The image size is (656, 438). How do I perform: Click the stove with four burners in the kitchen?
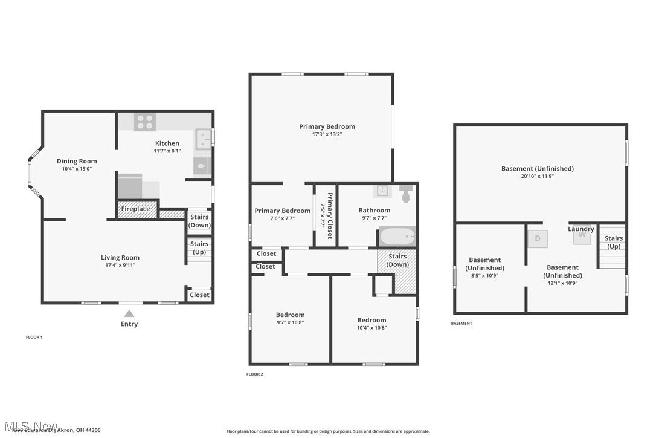click(144, 122)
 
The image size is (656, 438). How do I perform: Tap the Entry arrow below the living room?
click(129, 313)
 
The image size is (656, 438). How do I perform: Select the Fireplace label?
click(136, 209)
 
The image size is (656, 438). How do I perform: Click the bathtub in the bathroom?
click(397, 236)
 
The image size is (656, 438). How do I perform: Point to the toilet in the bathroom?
click(405, 194)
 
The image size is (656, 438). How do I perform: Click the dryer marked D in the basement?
click(538, 238)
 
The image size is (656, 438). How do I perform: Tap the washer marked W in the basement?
click(582, 237)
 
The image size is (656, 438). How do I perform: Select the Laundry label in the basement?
click(581, 229)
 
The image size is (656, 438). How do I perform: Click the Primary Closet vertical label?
click(330, 215)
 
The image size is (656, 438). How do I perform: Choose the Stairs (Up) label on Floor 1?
click(199, 248)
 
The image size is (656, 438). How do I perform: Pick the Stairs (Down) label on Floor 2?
click(397, 260)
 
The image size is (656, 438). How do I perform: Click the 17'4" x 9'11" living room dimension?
click(120, 265)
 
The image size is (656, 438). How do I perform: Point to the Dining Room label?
click(77, 161)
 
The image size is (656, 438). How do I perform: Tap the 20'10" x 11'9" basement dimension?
click(537, 176)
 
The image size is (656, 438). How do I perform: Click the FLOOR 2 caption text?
click(255, 374)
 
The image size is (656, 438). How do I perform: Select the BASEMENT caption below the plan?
click(461, 324)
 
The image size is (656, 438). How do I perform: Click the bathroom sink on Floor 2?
click(382, 191)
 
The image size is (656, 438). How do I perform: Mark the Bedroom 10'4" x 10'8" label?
click(371, 324)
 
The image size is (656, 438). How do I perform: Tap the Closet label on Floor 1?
click(199, 295)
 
